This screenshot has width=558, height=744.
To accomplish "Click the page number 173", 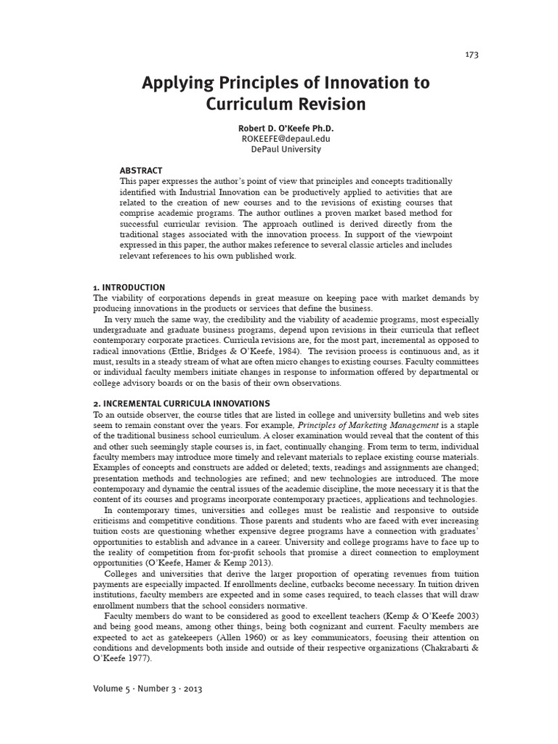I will point(472,54).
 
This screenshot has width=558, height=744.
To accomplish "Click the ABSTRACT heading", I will point(140,171).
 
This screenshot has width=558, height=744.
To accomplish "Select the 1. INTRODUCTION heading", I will point(129,288).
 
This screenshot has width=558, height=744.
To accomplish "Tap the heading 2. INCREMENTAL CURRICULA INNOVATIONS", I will point(182,403).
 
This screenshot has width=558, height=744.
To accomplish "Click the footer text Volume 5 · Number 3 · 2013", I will point(147,689).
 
